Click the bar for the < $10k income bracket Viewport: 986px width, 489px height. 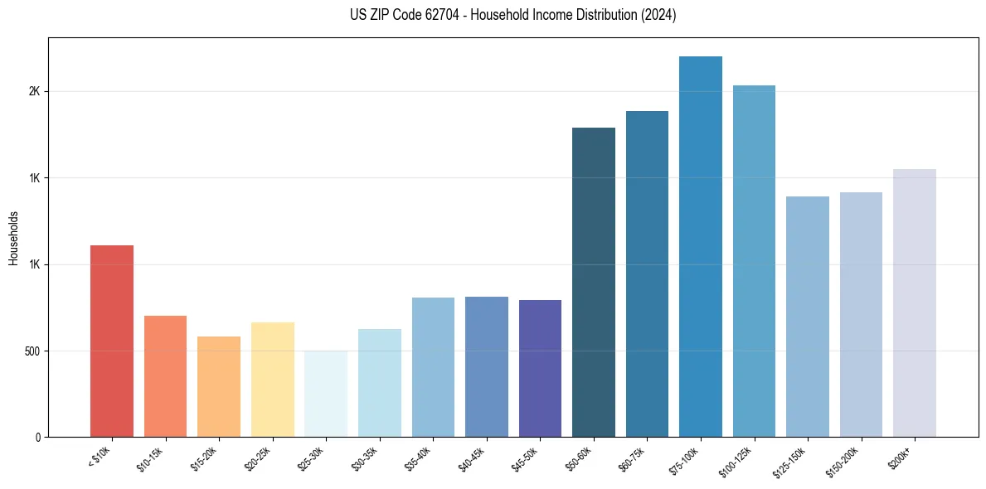[x=112, y=341]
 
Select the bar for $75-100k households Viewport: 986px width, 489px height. [x=701, y=246]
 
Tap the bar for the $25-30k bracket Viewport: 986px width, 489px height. [x=326, y=394]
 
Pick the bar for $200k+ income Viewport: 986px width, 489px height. [x=915, y=303]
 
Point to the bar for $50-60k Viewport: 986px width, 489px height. [x=594, y=282]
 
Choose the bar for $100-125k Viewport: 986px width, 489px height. [x=754, y=261]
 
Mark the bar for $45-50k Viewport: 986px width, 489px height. [x=540, y=368]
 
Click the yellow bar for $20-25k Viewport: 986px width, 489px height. [x=273, y=379]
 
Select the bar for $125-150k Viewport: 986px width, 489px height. [x=808, y=317]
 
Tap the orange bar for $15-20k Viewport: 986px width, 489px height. [x=219, y=386]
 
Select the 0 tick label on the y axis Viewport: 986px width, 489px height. [x=38, y=438]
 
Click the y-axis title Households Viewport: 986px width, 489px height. [x=13, y=237]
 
